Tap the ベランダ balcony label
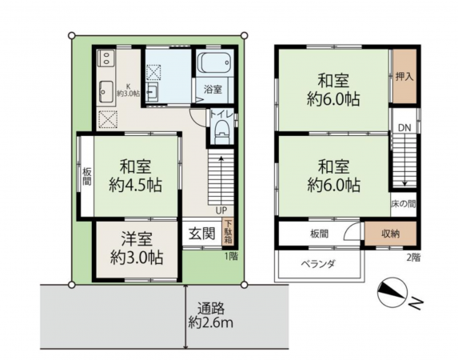click(x=317, y=263)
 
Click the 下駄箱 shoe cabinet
click(x=228, y=230)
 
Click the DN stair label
click(x=404, y=128)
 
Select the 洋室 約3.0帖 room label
click(x=137, y=249)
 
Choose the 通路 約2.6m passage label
click(x=210, y=314)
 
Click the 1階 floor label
click(x=231, y=256)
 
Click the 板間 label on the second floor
click(x=319, y=234)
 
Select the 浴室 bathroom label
click(x=212, y=87)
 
